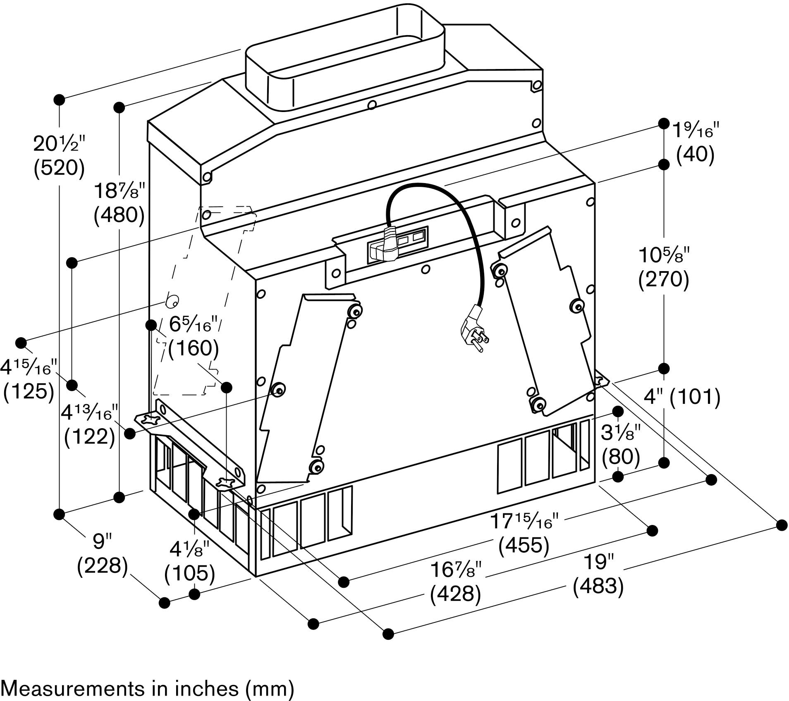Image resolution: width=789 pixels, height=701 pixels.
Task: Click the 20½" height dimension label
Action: coord(60,143)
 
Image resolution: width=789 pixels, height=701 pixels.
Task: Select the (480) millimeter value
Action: coord(120,215)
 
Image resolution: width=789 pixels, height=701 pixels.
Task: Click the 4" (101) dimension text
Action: coord(682,397)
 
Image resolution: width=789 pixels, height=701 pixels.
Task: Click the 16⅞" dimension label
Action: coord(456,570)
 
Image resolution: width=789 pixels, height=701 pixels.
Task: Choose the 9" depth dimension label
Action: coord(102,541)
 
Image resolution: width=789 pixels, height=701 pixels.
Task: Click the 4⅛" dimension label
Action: coord(190,550)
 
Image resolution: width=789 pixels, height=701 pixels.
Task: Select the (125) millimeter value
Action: coord(29,391)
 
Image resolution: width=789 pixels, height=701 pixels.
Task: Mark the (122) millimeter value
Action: coord(90,436)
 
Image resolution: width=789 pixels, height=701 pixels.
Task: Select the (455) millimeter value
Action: coord(524,545)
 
